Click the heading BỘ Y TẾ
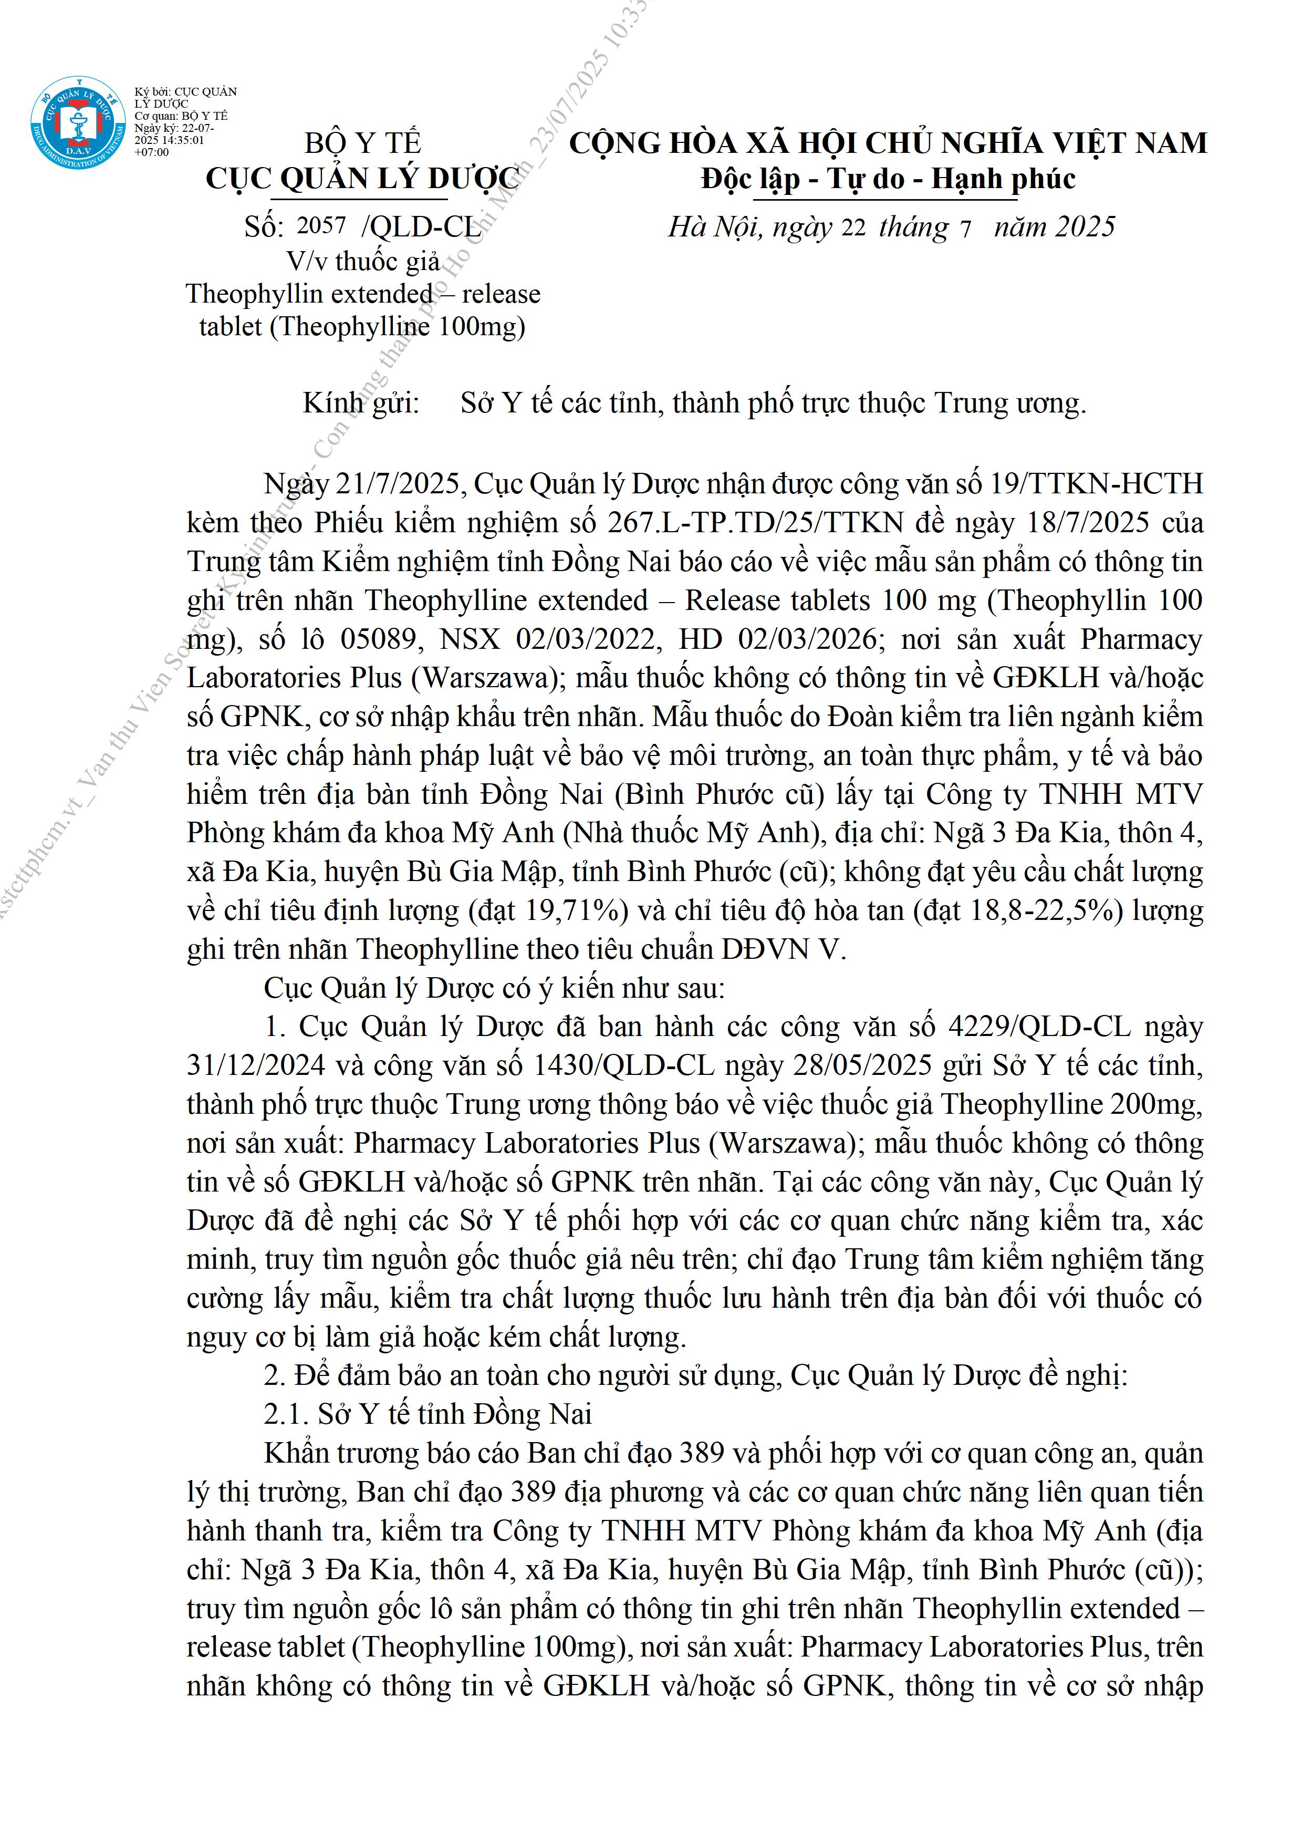(363, 143)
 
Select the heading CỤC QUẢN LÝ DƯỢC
(363, 178)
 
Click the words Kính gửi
(361, 403)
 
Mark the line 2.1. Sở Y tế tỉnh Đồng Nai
(428, 1414)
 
